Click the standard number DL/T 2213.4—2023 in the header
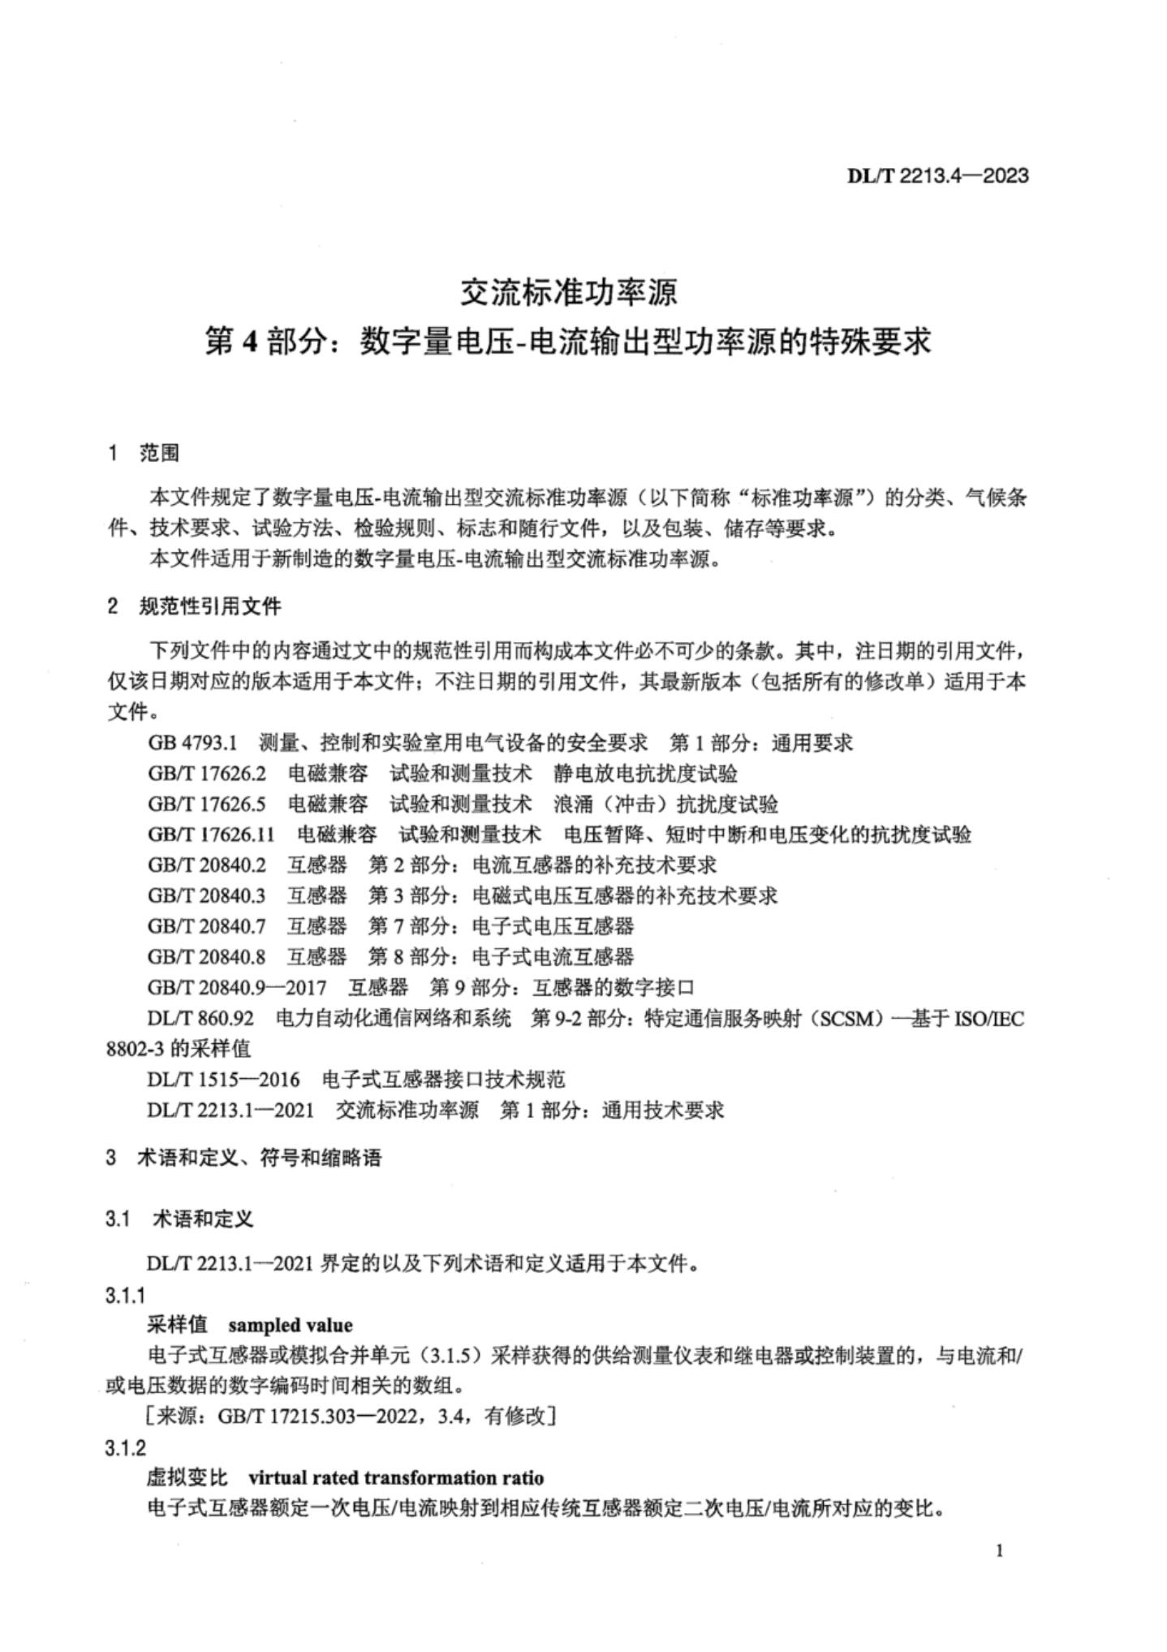point(937,175)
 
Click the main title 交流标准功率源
point(568,293)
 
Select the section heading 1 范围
point(144,453)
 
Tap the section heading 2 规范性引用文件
point(194,606)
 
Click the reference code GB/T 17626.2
point(207,773)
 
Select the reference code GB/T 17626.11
point(211,834)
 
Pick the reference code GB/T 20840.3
point(207,895)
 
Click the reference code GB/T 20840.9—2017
point(237,987)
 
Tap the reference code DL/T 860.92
point(200,1018)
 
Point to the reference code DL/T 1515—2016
point(223,1079)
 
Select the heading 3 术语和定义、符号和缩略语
point(243,1158)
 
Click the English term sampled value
point(291,1325)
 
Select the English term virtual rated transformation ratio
point(396,1477)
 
